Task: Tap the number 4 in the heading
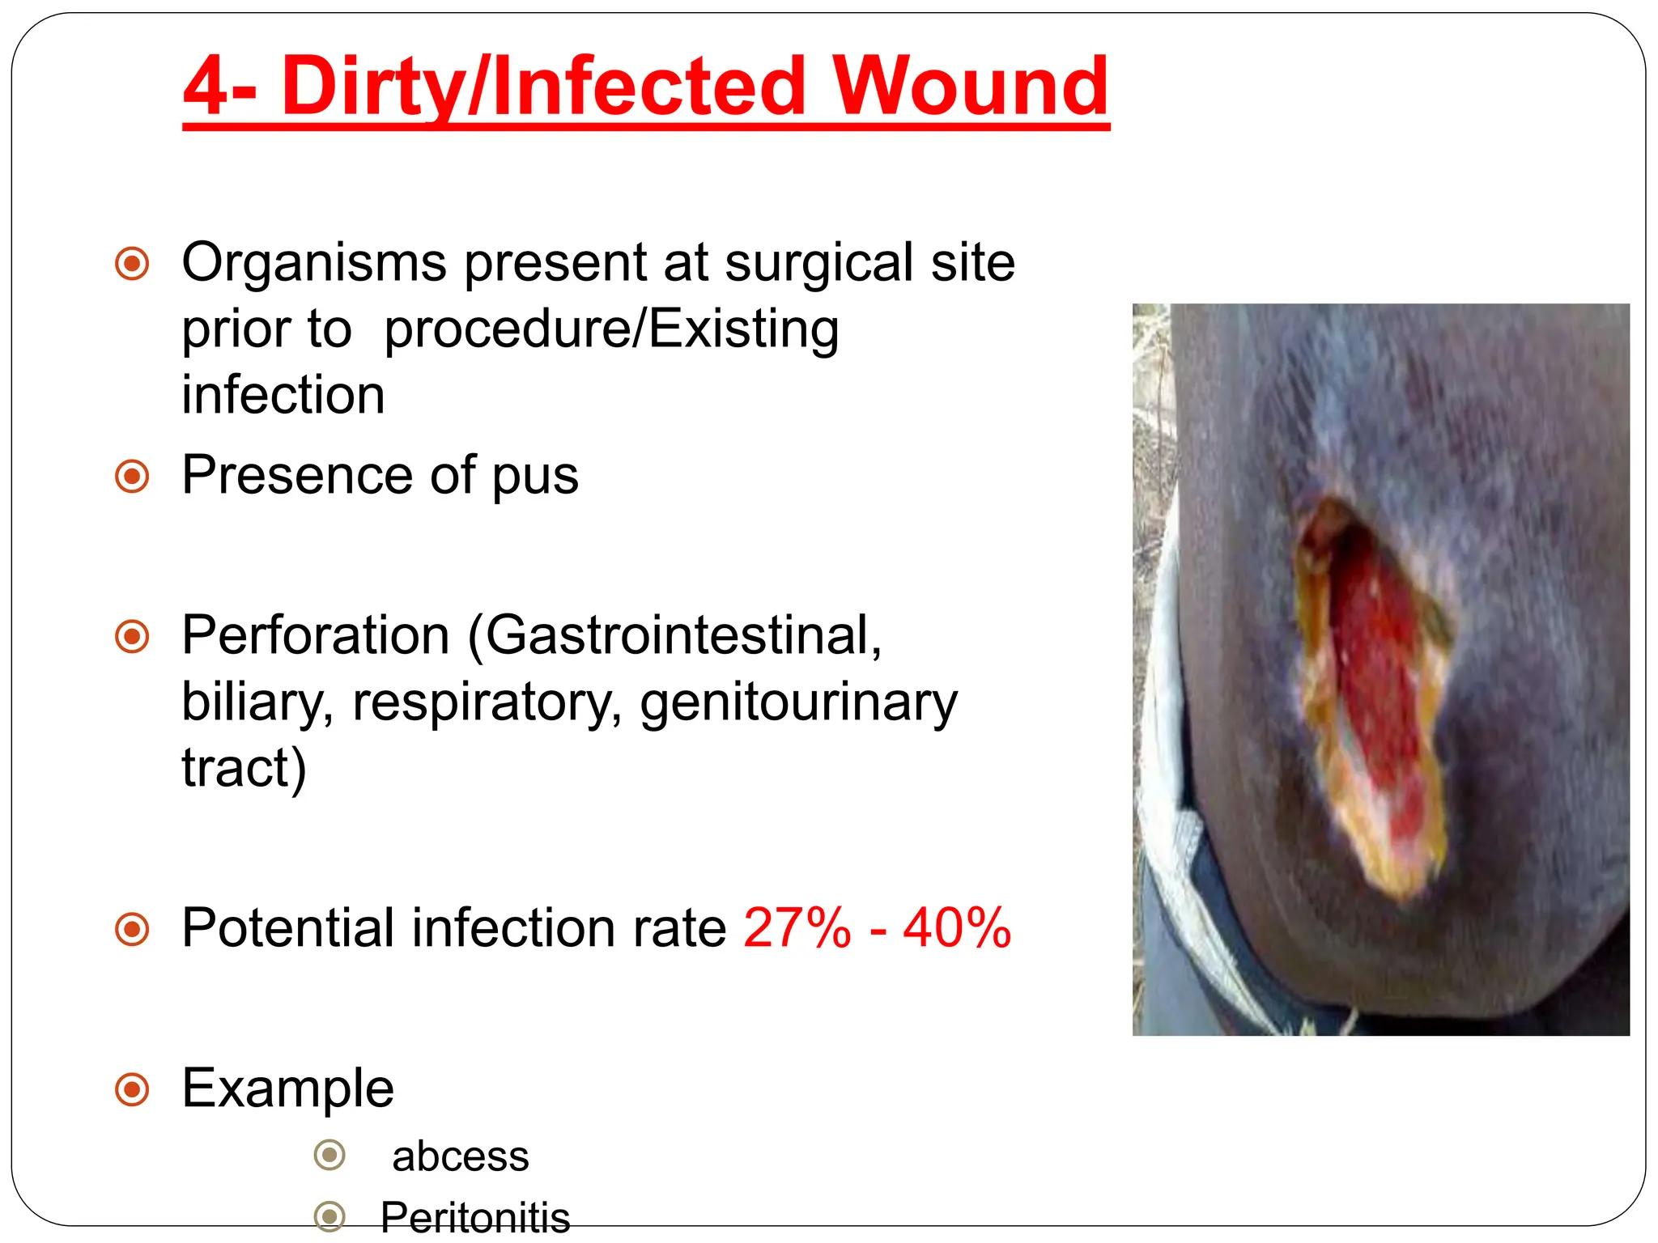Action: pyautogui.click(x=208, y=87)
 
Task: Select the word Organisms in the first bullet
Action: pyautogui.click(x=314, y=263)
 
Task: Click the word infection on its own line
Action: pyautogui.click(x=283, y=395)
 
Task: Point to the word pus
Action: pyautogui.click(x=535, y=476)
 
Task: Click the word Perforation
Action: pyautogui.click(x=316, y=635)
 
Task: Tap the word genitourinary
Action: pyautogui.click(x=798, y=702)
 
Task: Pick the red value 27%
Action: pyautogui.click(x=797, y=927)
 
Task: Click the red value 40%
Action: pyautogui.click(x=957, y=927)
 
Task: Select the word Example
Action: pyautogui.click(x=287, y=1088)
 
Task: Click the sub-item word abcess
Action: pyautogui.click(x=460, y=1156)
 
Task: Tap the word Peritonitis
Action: pyautogui.click(x=475, y=1216)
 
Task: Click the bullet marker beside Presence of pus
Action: pyautogui.click(x=132, y=477)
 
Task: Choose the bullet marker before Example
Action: pyautogui.click(x=132, y=1089)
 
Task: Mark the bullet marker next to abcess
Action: pyautogui.click(x=329, y=1155)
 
